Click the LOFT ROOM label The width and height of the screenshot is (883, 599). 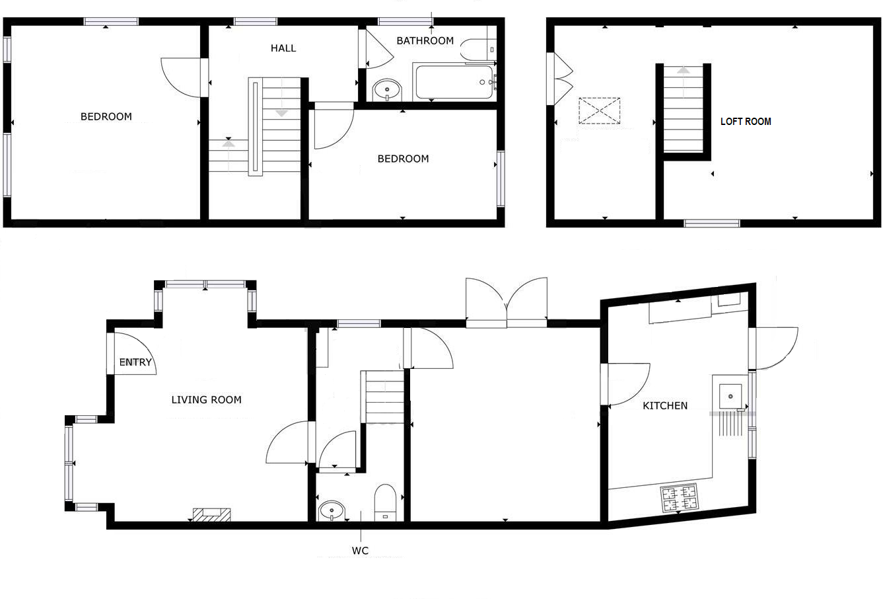point(745,122)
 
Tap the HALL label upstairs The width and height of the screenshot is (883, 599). point(283,48)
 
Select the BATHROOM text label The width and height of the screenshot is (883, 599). point(425,41)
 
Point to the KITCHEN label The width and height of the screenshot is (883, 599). point(665,406)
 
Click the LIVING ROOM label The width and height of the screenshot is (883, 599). point(206,400)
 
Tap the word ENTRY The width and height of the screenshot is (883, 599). point(135,362)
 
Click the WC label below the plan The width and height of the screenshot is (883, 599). point(360,551)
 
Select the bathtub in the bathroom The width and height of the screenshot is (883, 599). point(454,82)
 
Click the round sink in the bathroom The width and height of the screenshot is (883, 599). point(386,89)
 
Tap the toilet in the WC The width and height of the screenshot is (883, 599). point(385,502)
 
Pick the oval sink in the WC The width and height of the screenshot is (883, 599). point(331,510)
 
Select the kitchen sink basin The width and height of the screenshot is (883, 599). point(730,396)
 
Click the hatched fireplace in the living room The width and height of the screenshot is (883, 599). point(211,514)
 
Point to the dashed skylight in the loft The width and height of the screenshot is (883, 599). point(600,110)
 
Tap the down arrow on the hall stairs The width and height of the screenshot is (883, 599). point(282,112)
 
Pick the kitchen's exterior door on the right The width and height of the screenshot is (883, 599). point(776,348)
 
